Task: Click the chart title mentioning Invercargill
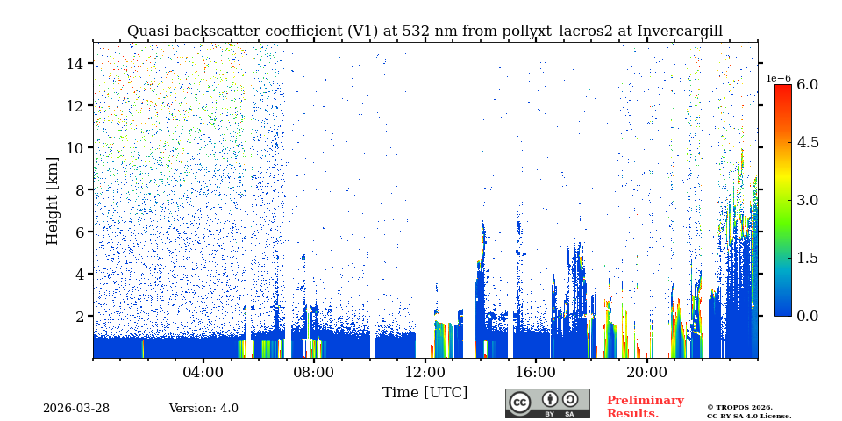(x=425, y=32)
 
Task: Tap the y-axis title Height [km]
(x=53, y=200)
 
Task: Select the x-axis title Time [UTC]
(x=425, y=392)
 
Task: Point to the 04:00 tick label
(x=203, y=372)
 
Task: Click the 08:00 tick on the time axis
(x=314, y=372)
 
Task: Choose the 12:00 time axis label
(x=425, y=372)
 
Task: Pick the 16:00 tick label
(x=536, y=372)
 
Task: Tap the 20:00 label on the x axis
(x=646, y=372)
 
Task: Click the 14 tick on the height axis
(x=75, y=63)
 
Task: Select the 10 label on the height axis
(x=75, y=147)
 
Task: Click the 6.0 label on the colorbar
(x=807, y=85)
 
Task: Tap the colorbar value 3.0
(x=807, y=200)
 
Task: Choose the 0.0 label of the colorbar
(x=807, y=316)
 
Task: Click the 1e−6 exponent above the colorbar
(x=779, y=78)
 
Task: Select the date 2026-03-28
(x=76, y=409)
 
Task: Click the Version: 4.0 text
(x=203, y=409)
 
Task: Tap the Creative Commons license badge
(x=547, y=403)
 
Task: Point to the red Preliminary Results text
(x=645, y=407)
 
